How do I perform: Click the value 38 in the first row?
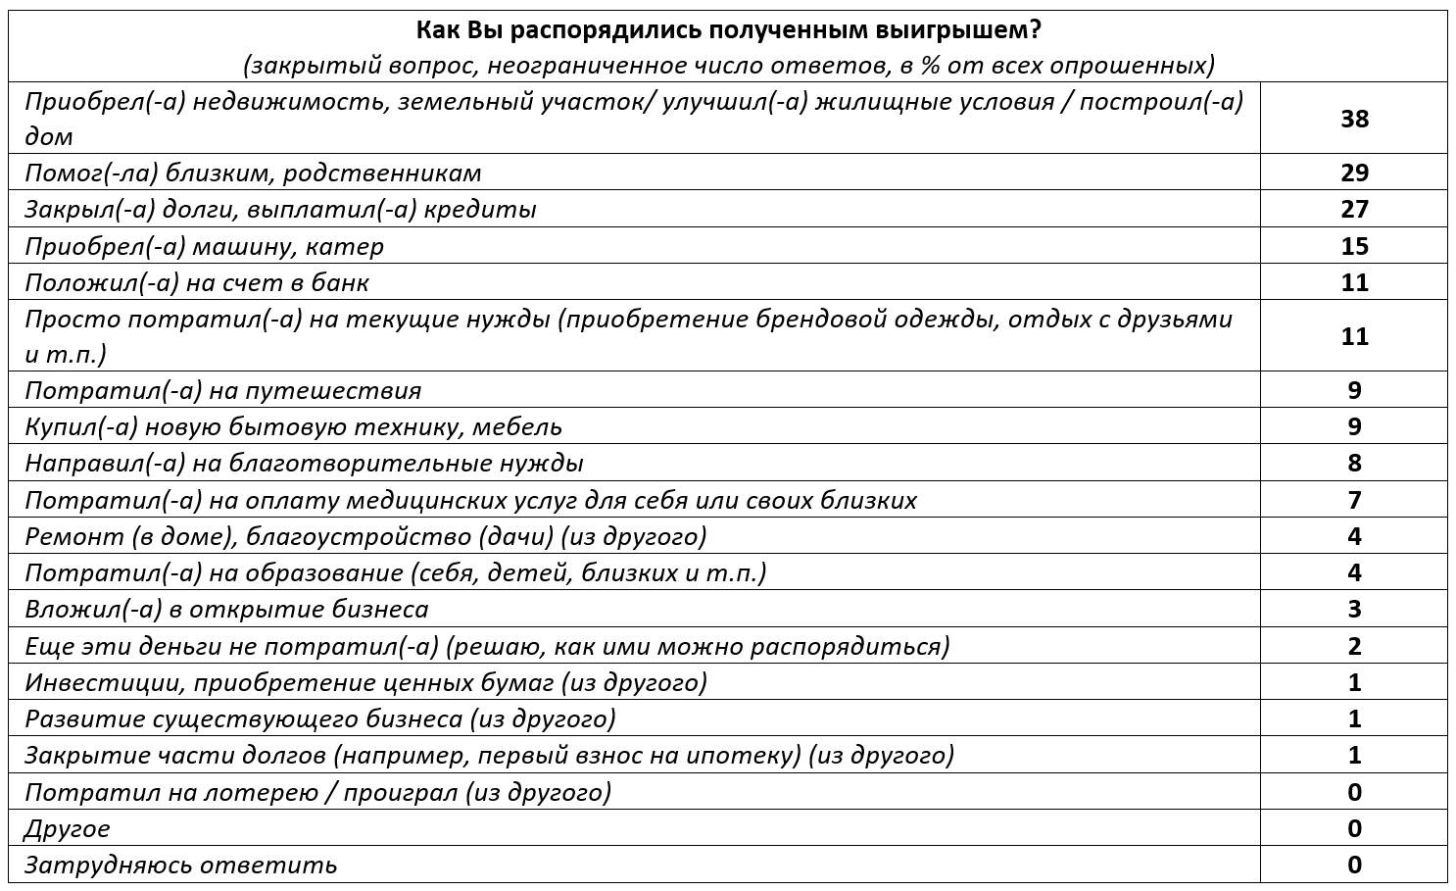(1354, 119)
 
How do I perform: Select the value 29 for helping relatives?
(1354, 173)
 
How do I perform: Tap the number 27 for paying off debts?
(1354, 209)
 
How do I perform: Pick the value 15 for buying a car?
(1354, 246)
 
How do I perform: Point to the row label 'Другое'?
(68, 828)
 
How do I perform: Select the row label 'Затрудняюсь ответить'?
(180, 866)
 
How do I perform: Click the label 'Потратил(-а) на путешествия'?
(222, 390)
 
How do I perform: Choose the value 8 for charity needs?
(1354, 463)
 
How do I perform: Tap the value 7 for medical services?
(1354, 500)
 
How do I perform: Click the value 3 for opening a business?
(1354, 609)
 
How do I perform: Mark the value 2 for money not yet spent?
(1354, 646)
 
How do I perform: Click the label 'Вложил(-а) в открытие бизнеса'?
(226, 609)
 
